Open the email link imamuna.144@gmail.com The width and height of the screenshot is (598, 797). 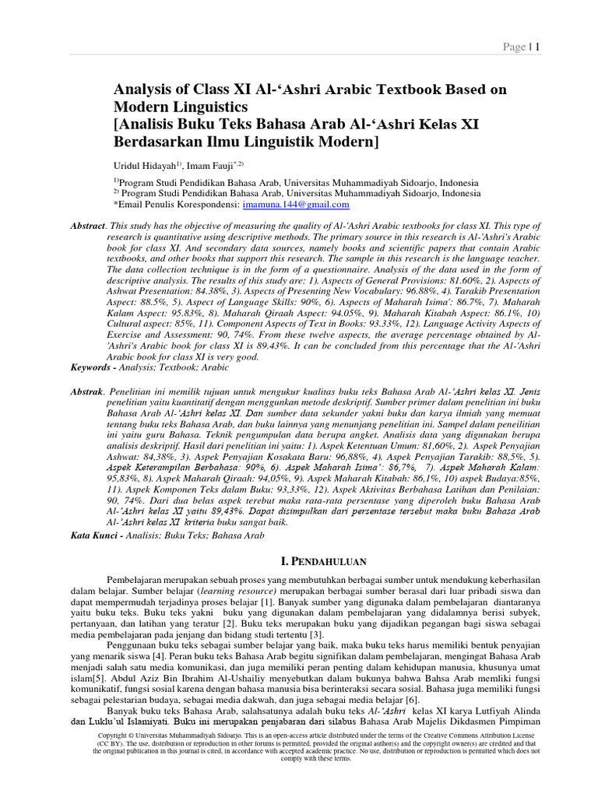tap(296, 204)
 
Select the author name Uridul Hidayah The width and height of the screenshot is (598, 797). tap(144, 165)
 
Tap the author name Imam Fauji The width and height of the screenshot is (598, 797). tap(216, 165)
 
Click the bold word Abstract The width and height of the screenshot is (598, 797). tap(87, 225)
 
